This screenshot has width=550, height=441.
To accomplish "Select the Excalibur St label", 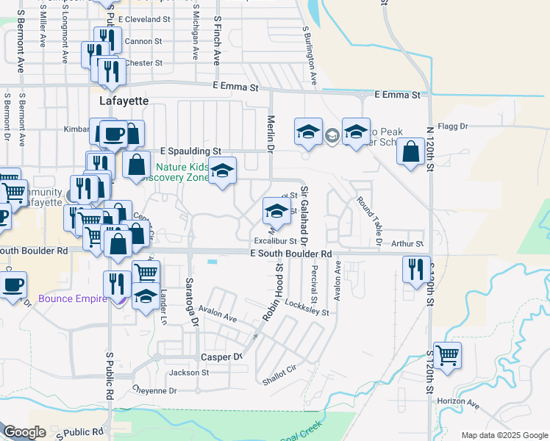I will coord(275,240).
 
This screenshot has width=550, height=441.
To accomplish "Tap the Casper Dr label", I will coord(221,356).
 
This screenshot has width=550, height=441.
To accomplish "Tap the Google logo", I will coord(24,432).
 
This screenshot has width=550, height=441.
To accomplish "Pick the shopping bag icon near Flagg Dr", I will coord(410,153).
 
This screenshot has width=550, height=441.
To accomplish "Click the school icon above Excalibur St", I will coord(276,212).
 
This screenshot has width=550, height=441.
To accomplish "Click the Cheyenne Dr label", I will coord(155,390).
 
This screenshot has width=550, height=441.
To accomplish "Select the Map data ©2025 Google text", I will coord(503,435).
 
